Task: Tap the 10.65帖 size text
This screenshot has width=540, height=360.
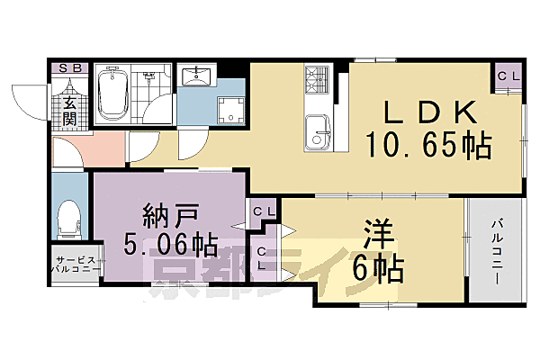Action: tap(427, 145)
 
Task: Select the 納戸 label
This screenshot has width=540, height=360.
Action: tap(169, 217)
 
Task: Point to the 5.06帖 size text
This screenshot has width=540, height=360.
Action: tap(169, 243)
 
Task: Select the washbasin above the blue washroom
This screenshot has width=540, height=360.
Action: tap(195, 76)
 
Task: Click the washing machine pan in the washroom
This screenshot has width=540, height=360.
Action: tap(229, 110)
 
